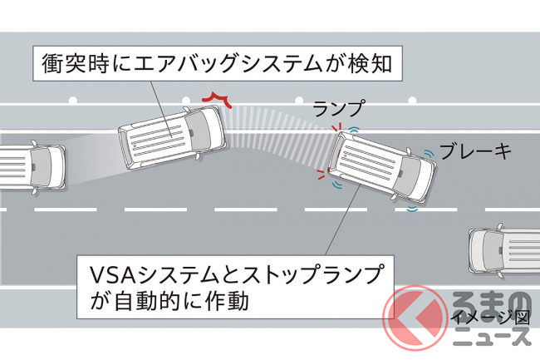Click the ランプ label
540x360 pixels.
337,107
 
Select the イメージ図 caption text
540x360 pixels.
489,316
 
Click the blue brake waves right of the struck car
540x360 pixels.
430,155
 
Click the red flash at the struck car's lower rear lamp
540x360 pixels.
321,175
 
